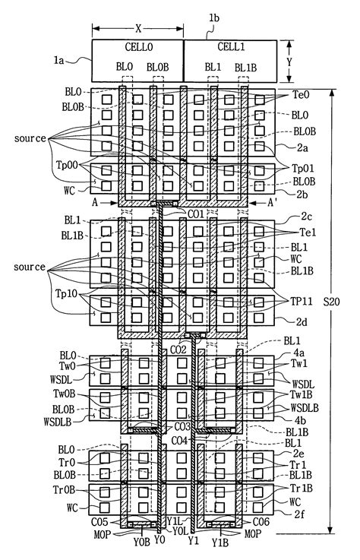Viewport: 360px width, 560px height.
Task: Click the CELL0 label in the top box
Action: [x=137, y=47]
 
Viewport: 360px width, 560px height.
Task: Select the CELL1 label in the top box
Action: [x=229, y=47]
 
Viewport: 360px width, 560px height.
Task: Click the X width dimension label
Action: [x=137, y=28]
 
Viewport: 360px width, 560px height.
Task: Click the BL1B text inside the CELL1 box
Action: [x=245, y=68]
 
